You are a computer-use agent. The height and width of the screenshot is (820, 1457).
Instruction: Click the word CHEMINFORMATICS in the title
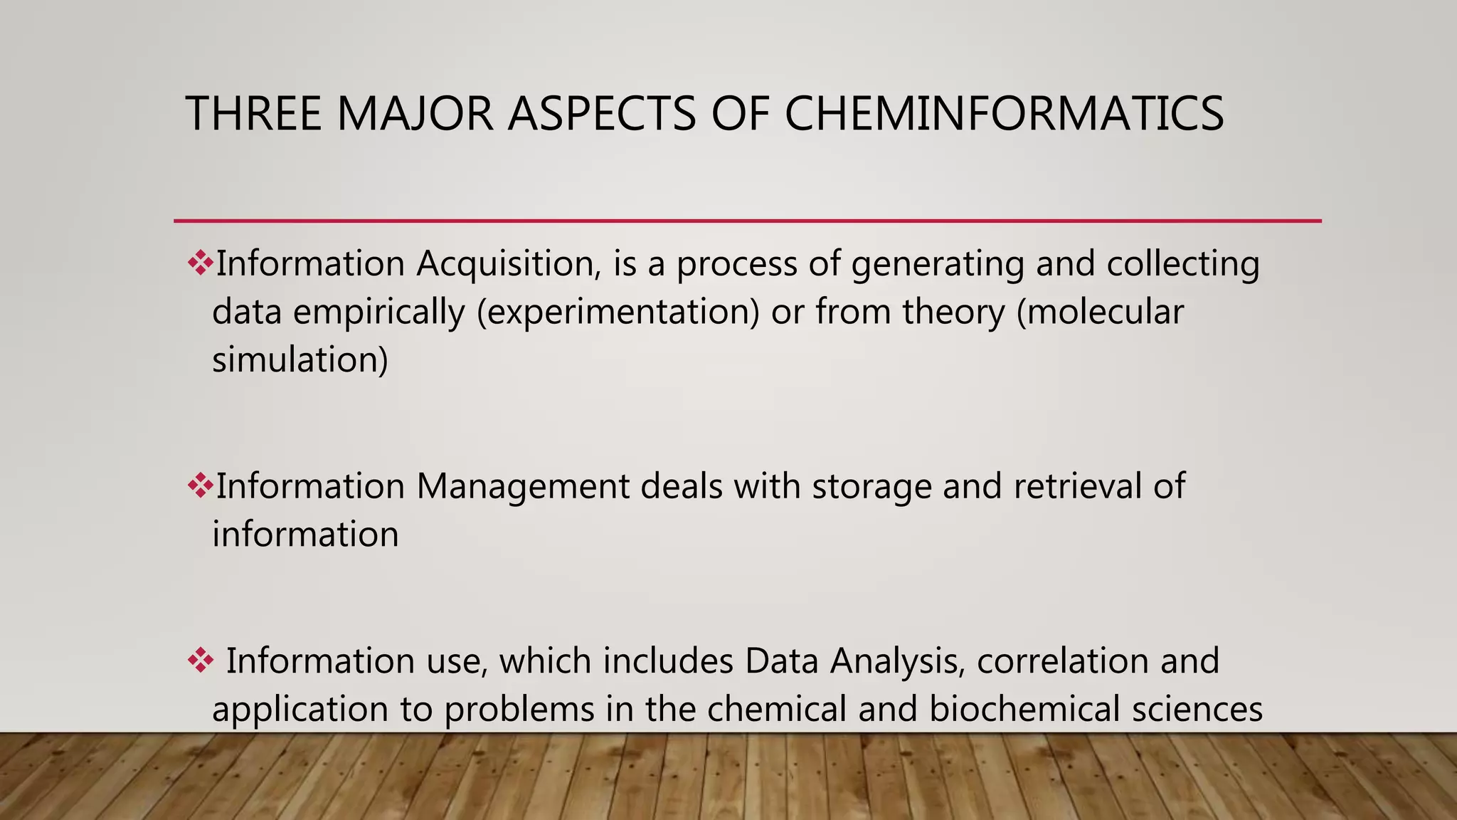[1004, 114]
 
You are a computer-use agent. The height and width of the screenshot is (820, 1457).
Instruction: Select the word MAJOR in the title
[415, 114]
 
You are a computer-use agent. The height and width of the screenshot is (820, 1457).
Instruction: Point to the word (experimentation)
[618, 312]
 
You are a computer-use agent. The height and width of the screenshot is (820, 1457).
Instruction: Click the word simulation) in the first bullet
[300, 359]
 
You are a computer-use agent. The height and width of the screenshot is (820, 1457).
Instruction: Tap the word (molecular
[1100, 312]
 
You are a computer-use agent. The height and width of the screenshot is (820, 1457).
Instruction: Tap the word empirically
[379, 312]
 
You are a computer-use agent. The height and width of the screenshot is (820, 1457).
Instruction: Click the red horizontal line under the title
[747, 221]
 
